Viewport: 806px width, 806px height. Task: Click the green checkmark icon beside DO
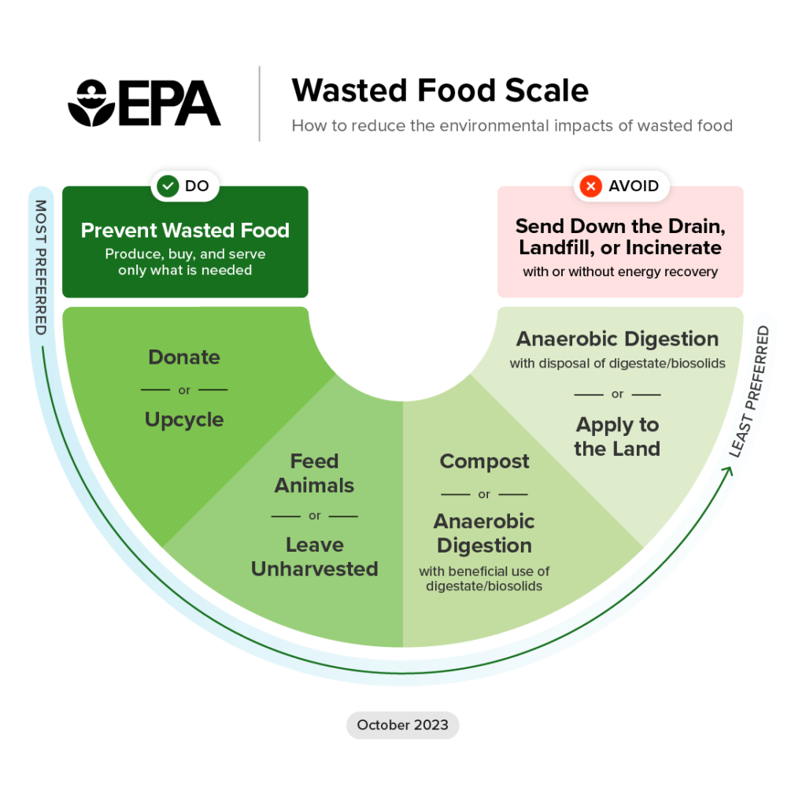(168, 187)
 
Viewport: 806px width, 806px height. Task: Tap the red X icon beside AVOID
(590, 187)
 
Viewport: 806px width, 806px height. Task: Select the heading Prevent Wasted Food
(185, 231)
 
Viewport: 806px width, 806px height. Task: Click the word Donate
(184, 357)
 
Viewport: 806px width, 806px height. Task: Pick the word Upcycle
(184, 420)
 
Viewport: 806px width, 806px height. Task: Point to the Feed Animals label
(314, 473)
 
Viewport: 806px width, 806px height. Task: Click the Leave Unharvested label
(314, 556)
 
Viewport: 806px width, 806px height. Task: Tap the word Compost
(484, 461)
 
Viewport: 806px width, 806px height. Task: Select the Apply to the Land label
(617, 437)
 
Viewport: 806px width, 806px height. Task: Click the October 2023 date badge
(402, 725)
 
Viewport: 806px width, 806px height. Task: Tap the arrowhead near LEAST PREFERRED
(731, 471)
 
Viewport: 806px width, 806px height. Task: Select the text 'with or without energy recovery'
(620, 272)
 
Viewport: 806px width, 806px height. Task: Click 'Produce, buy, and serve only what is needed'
(185, 262)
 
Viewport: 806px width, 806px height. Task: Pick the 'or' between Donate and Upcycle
(184, 390)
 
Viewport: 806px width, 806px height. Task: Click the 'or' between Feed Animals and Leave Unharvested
(314, 516)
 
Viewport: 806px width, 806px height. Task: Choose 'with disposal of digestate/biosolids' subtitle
(617, 364)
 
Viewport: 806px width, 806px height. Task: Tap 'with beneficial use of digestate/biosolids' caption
(484, 579)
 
